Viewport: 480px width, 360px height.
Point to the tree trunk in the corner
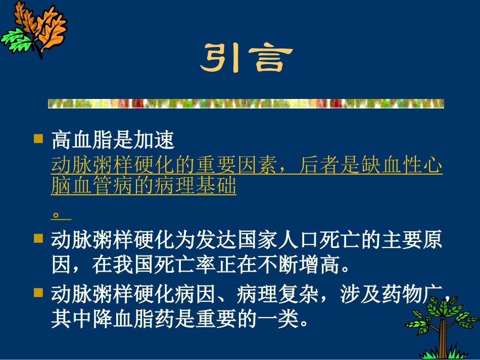(x=444, y=336)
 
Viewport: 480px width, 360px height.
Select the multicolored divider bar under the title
(x=246, y=104)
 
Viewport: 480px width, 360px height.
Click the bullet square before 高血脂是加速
(x=38, y=138)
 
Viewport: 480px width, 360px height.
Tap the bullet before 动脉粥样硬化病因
(x=38, y=291)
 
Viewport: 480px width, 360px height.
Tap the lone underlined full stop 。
(x=57, y=215)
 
